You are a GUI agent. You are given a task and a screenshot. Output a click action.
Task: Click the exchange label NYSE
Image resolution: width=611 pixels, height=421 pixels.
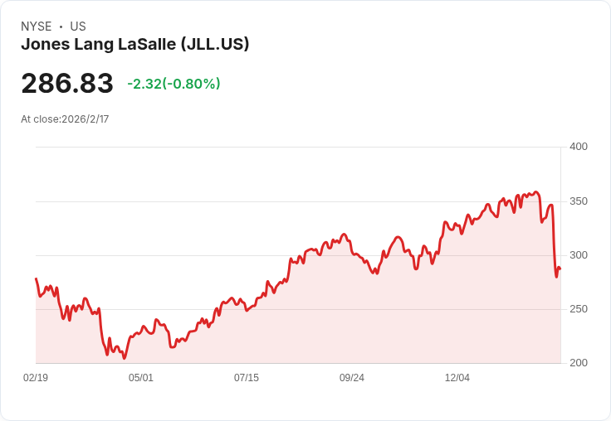[x=37, y=27]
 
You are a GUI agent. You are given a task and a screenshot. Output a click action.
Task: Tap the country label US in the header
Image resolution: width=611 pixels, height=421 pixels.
[x=78, y=27]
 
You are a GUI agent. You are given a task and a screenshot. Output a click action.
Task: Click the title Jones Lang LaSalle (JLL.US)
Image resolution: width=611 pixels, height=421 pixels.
[x=135, y=45]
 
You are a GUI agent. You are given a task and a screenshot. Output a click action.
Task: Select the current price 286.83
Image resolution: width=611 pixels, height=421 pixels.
[x=67, y=84]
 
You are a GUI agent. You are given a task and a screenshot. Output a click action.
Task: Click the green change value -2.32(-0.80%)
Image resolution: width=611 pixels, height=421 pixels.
[x=174, y=84]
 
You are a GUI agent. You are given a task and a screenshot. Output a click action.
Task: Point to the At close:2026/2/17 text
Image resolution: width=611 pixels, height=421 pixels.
[x=65, y=119]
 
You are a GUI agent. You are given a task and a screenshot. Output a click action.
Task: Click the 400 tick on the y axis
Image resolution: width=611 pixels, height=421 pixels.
[x=579, y=147]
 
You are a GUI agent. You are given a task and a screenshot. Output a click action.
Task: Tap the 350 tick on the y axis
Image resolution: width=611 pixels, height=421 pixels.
[x=579, y=201]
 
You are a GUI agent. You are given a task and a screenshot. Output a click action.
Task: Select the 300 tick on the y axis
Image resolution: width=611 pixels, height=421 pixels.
[x=579, y=255]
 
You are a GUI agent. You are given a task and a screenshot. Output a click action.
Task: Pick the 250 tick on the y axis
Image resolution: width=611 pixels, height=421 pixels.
[x=579, y=309]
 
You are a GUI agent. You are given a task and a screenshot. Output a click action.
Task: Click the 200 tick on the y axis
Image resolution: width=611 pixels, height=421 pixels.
[x=579, y=363]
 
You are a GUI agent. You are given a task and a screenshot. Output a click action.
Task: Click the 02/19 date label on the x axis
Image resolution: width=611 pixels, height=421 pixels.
[x=36, y=378]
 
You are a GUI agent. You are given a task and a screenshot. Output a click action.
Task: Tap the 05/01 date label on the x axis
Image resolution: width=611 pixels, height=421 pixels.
[x=141, y=378]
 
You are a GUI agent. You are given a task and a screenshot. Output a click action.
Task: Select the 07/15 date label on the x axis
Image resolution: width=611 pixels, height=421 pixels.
[x=247, y=378]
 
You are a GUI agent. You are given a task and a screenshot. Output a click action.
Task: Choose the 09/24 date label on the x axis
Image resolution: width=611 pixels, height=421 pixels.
[x=352, y=378]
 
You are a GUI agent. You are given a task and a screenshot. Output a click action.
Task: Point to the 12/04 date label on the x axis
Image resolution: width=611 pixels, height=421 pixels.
[x=457, y=378]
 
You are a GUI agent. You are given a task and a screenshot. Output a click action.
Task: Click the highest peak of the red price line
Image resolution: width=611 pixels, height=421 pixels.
[x=536, y=192]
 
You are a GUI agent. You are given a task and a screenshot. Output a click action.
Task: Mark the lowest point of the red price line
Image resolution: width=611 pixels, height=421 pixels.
[x=125, y=358]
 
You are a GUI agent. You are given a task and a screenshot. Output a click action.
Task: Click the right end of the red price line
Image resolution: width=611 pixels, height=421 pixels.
[x=560, y=269]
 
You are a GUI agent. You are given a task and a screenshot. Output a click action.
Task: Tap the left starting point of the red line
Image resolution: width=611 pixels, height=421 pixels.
[x=36, y=278]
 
